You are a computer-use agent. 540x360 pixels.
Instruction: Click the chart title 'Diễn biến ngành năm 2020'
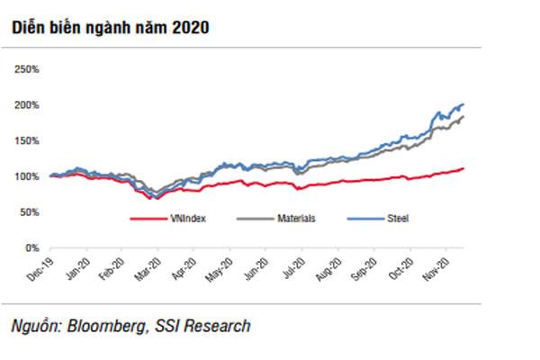pos(110,28)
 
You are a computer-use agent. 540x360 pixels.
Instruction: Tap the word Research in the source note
pos(218,325)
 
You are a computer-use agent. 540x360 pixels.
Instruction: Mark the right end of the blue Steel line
pos(463,104)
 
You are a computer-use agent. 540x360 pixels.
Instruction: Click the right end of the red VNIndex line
pos(463,168)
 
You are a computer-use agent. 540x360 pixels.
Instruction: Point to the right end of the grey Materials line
pos(463,117)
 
